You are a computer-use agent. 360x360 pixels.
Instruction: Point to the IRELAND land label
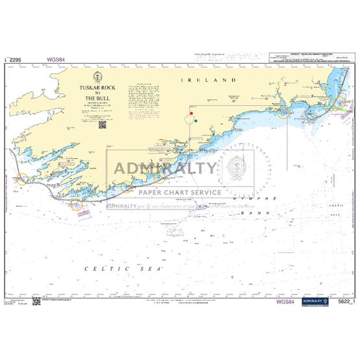pyautogui.click(x=217, y=79)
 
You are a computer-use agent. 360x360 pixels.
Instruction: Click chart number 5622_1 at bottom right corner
pyautogui.click(x=344, y=302)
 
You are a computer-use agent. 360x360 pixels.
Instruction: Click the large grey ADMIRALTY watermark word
pyautogui.click(x=166, y=169)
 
